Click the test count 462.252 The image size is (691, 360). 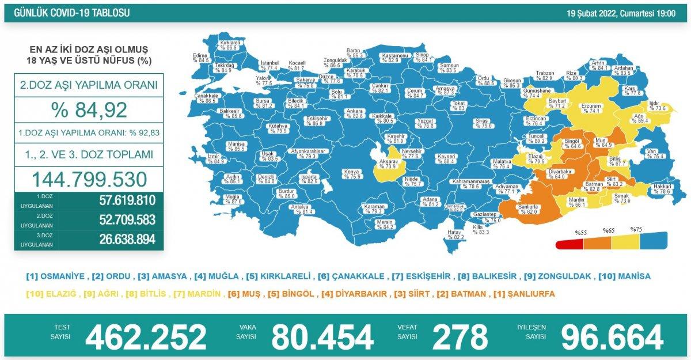tap(146, 336)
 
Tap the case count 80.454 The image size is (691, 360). tap(322, 336)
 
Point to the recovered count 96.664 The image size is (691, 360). tap(612, 336)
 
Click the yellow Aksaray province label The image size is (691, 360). tap(387, 163)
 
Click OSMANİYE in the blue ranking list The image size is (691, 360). tap(55, 276)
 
